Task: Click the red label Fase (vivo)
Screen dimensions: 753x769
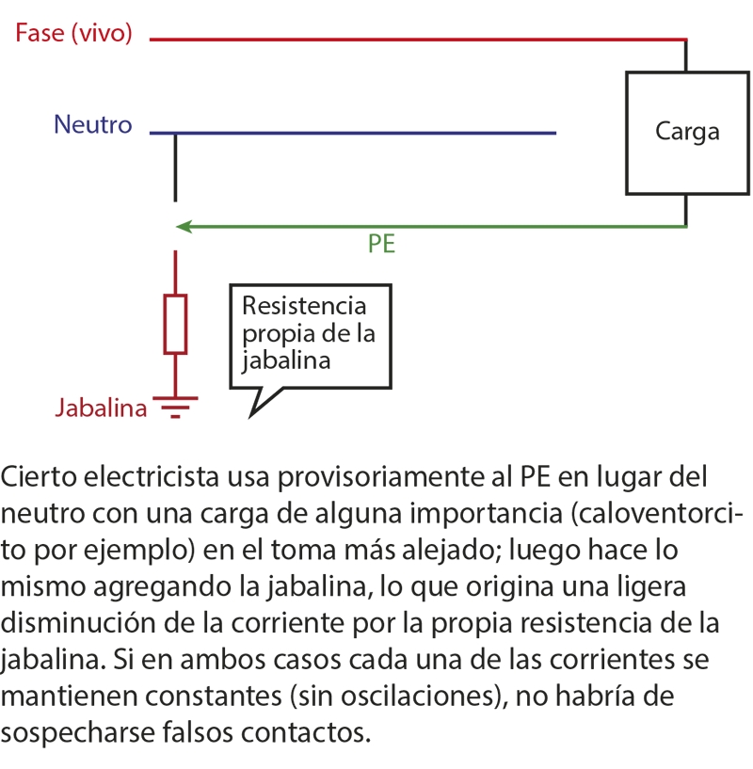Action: (73, 33)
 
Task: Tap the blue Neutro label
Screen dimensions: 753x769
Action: (93, 124)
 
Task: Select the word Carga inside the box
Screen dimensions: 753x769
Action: (687, 133)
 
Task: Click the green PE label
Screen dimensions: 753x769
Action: (381, 244)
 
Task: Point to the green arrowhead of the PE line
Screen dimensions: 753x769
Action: (184, 227)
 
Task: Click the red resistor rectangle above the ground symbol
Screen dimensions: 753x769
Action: (175, 324)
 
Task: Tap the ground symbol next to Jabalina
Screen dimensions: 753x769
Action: (175, 407)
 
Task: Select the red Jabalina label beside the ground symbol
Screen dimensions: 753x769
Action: (101, 409)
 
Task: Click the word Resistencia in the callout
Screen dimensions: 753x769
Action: (304, 306)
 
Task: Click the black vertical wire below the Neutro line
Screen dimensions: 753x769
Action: (175, 168)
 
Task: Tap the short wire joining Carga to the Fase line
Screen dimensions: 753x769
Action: (686, 56)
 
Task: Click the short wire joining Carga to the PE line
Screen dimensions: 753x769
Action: (686, 211)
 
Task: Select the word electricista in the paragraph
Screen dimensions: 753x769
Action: (152, 476)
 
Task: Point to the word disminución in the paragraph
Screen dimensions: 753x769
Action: (78, 623)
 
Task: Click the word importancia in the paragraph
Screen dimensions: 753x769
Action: (486, 514)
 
